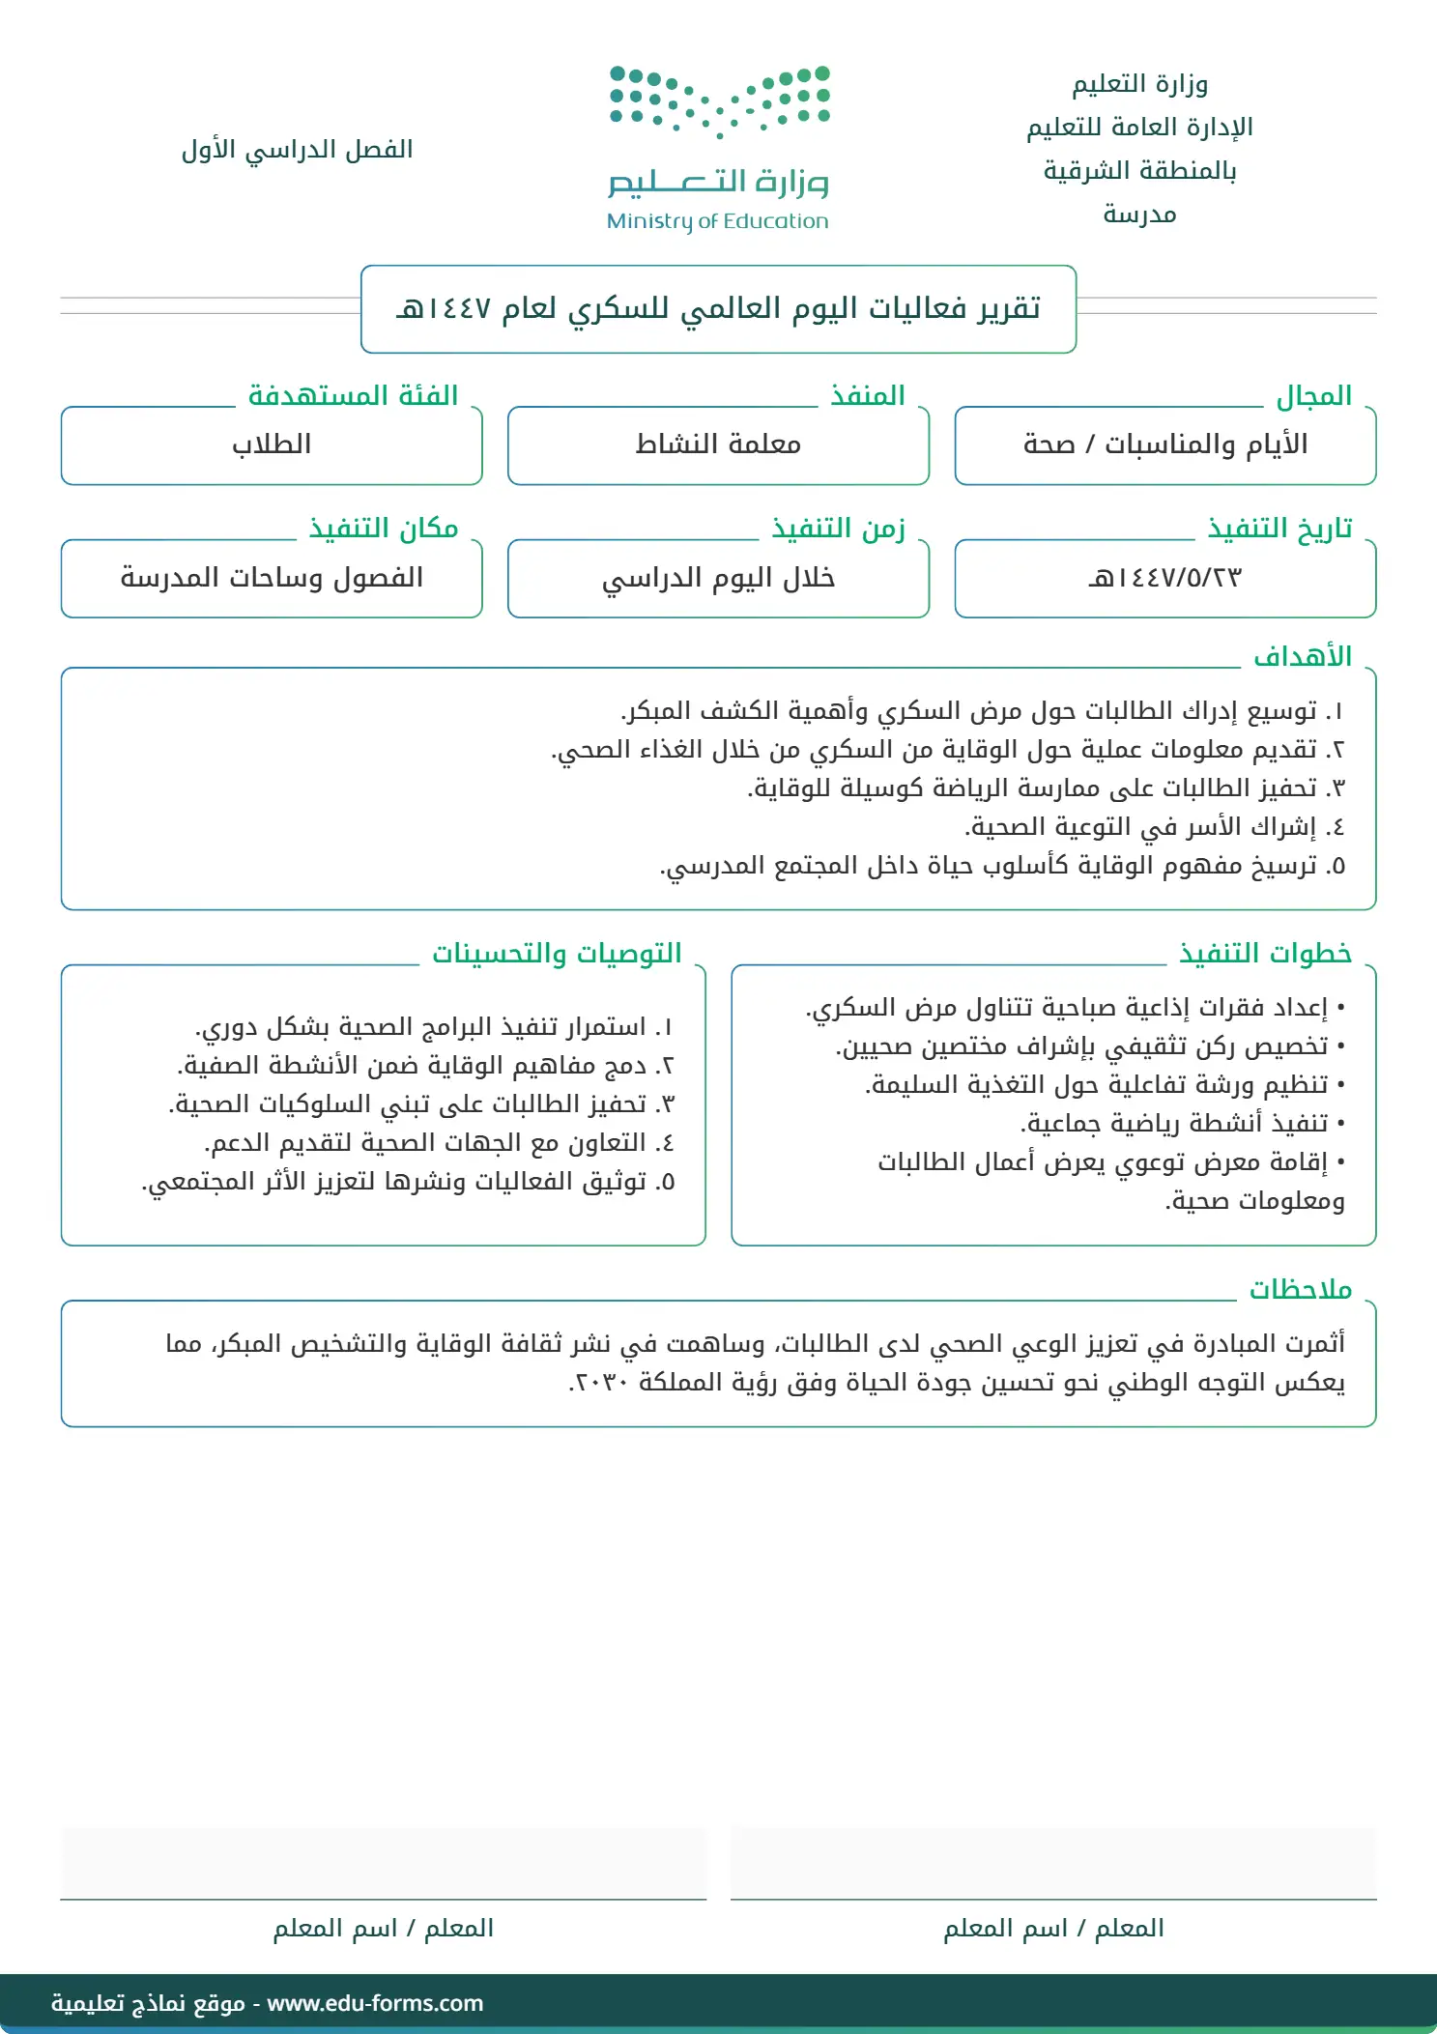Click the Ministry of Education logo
coord(718,148)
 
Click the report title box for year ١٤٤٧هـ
coord(718,309)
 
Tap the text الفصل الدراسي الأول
coord(297,150)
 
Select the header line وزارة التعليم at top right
coord(1139,84)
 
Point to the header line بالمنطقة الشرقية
coord(1139,171)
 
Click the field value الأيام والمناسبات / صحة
coord(1164,444)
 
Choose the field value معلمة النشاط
coord(718,444)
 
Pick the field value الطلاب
coord(272,444)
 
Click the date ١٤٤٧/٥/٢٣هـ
coord(1164,578)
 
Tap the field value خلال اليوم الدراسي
coord(718,578)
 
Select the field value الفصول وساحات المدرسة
coord(272,578)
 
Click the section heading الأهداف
coord(1302,657)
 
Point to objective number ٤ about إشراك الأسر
coord(1154,827)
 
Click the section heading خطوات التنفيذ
coord(1264,954)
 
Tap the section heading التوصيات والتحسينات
coord(557,954)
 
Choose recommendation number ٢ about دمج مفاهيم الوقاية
coord(425,1066)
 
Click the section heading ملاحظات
coord(1300,1290)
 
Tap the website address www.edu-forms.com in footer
coord(375,2003)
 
